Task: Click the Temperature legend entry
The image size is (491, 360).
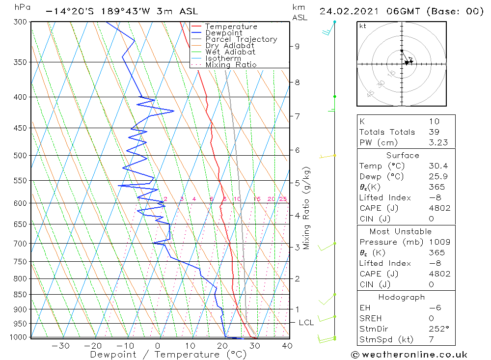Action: pos(231,27)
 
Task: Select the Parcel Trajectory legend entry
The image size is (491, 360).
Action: pos(241,39)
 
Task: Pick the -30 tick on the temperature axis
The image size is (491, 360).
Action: pos(60,346)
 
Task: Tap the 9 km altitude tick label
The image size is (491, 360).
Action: pos(297,46)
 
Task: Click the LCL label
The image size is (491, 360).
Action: pos(306,323)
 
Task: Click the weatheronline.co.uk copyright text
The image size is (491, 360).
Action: pos(409,355)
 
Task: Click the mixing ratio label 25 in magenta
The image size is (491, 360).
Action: pos(283,199)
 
